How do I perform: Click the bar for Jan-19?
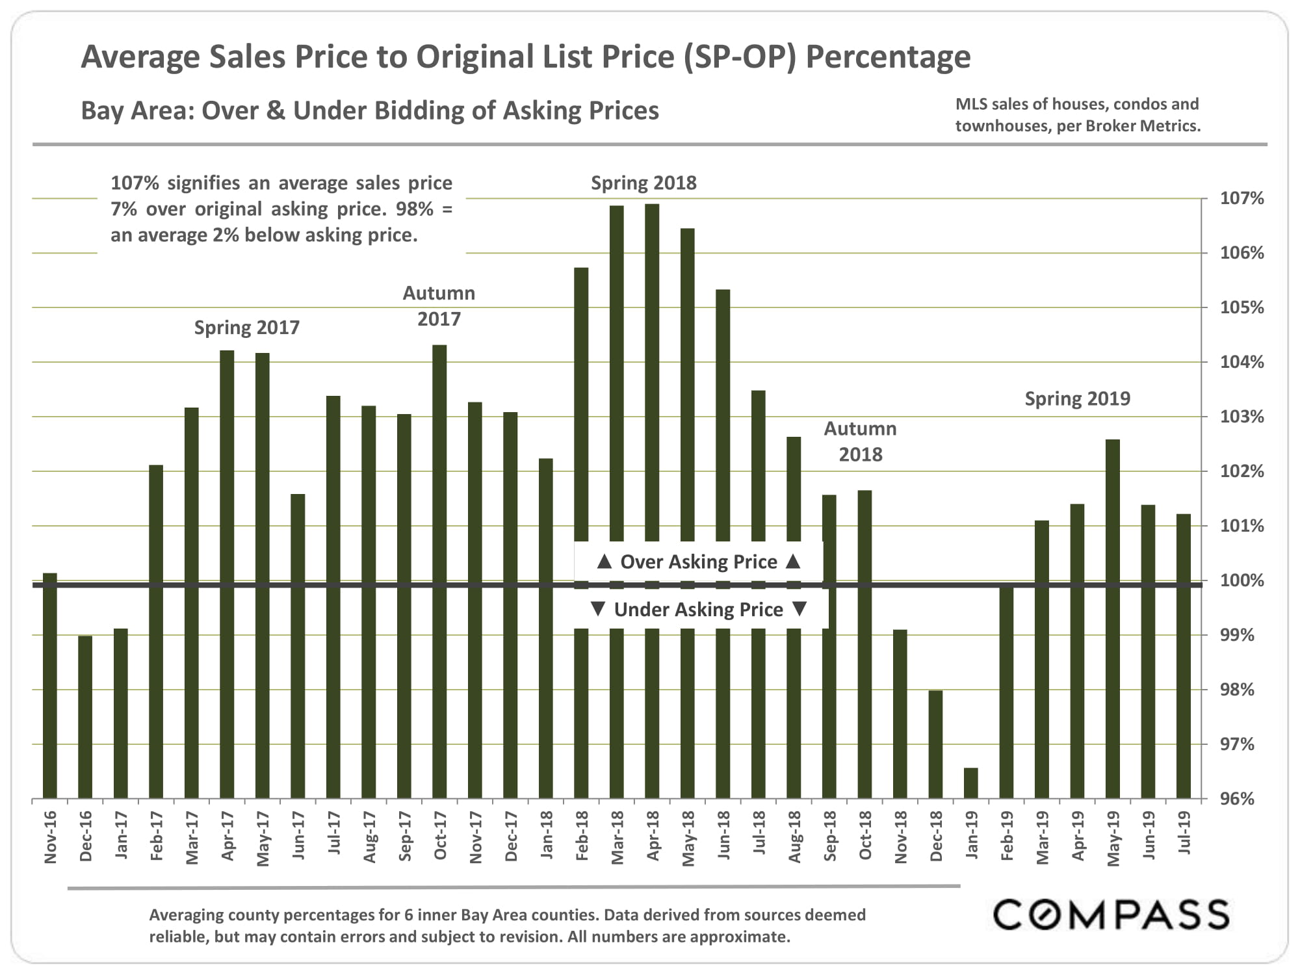[970, 783]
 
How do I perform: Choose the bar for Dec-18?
[935, 744]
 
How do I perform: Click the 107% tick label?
[1241, 198]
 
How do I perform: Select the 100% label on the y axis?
[1241, 580]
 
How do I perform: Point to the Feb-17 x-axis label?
[157, 837]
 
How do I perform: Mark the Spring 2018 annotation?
[643, 183]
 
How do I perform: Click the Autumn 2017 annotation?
[439, 306]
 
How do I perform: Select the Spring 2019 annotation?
[1077, 398]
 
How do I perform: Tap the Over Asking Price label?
[698, 562]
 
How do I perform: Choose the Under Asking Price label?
[698, 610]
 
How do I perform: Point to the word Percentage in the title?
[888, 57]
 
